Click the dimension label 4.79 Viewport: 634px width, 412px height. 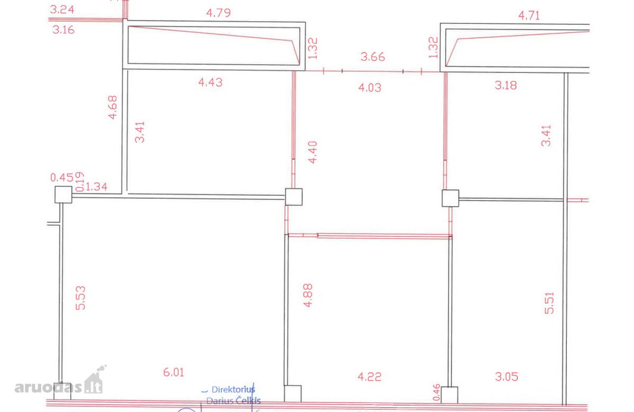coord(218,13)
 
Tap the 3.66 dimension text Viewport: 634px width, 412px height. coord(372,57)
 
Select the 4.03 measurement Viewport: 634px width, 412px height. coord(370,88)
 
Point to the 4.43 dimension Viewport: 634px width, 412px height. coord(210,83)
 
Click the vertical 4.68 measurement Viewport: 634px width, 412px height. coord(113,107)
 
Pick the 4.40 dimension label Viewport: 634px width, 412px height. coord(312,152)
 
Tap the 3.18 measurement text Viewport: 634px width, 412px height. coord(506,85)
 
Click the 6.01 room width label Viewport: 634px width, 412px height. coord(173,372)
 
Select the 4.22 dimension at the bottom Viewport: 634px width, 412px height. coord(369,377)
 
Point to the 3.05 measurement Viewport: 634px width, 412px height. coord(506,377)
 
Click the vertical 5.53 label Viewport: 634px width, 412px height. coord(80,298)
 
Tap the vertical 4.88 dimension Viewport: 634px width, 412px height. coord(308,296)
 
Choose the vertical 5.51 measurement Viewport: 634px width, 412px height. coord(549,303)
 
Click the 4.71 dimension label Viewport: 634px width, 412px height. coord(529,15)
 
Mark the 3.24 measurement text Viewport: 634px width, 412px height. coord(62,10)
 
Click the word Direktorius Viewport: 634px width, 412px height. coord(233,389)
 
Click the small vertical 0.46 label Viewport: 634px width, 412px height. coord(437,392)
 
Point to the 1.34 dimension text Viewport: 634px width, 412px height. coord(96,187)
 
